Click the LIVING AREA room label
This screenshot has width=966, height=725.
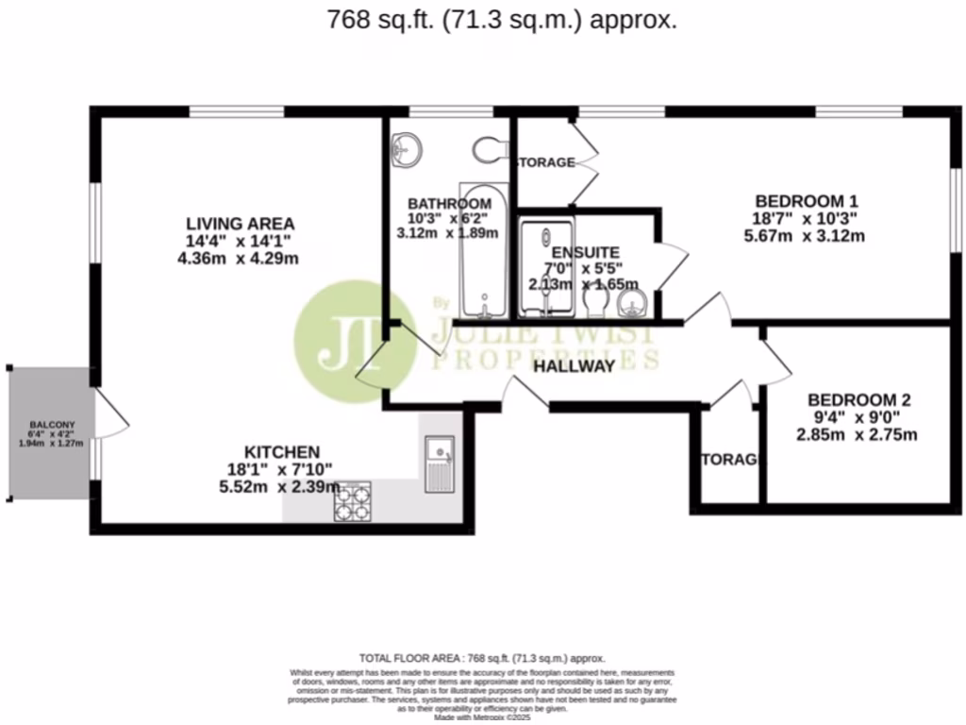(x=240, y=224)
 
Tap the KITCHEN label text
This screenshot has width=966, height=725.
(x=282, y=452)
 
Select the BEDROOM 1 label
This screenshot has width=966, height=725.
(x=807, y=201)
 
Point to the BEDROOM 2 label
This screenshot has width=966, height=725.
(x=858, y=399)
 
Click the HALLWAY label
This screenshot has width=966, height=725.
(x=574, y=366)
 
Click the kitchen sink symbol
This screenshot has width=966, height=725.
(x=440, y=464)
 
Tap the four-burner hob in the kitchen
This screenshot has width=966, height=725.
(x=352, y=500)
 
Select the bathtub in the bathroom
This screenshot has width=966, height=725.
(x=483, y=250)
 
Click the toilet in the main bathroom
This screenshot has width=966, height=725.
(x=489, y=150)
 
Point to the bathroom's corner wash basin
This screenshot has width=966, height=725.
(x=408, y=148)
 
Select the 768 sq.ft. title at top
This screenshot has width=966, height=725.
(x=501, y=20)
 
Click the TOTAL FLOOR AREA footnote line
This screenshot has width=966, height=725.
(x=482, y=658)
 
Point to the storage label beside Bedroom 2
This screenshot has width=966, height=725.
(x=730, y=460)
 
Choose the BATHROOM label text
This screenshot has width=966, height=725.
(x=449, y=204)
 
